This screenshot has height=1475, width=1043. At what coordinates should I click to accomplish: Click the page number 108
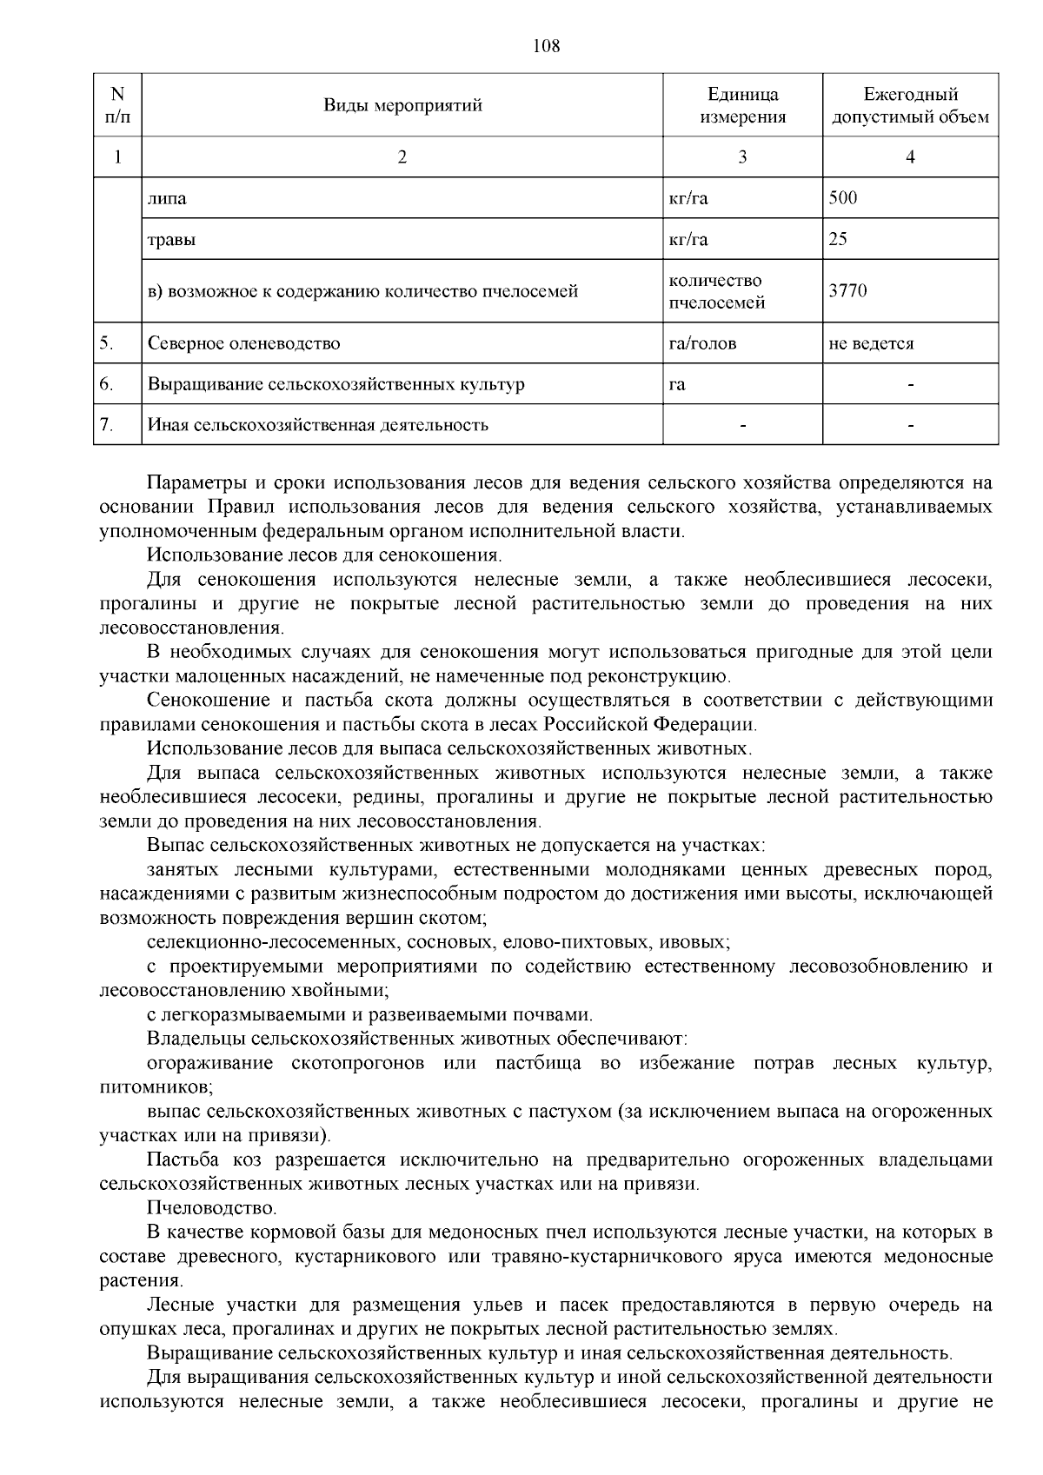(x=546, y=46)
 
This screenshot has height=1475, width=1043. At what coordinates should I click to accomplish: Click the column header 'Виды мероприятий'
(x=402, y=105)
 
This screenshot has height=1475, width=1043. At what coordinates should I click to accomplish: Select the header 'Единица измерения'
(x=742, y=105)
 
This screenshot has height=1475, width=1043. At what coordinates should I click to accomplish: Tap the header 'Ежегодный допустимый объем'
(x=910, y=105)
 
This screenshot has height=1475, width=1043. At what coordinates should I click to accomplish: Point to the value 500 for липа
(x=843, y=197)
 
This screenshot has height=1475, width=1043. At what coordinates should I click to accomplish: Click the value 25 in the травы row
(x=838, y=239)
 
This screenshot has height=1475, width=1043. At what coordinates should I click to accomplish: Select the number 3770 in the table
(x=847, y=291)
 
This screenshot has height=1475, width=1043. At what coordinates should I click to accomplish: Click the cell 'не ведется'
(x=871, y=343)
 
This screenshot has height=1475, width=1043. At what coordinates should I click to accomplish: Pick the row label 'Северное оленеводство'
(x=244, y=343)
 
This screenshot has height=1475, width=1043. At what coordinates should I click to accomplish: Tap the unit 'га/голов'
(x=702, y=343)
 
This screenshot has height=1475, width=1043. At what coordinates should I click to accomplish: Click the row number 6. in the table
(x=106, y=383)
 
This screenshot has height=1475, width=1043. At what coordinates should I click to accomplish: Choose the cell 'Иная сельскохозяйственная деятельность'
(x=318, y=425)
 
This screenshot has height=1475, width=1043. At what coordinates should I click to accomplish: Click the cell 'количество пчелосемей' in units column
(x=716, y=291)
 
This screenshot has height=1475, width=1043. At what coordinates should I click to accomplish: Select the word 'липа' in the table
(x=167, y=198)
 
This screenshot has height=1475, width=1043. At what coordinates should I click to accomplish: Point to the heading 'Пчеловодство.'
(x=212, y=1208)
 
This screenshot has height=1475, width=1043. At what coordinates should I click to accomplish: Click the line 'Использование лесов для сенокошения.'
(x=324, y=555)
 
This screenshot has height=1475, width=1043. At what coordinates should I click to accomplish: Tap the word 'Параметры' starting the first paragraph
(x=191, y=482)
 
